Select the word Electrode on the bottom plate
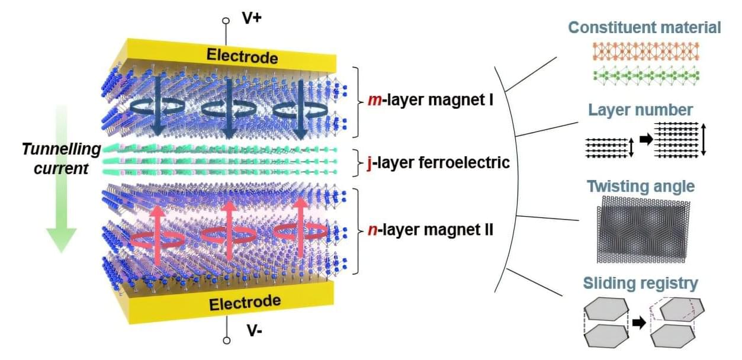tap(245, 303)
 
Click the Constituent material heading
tap(644, 27)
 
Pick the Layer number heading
tap(640, 110)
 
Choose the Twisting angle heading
tap(640, 187)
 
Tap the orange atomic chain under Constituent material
tap(647, 52)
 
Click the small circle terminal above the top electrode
tap(226, 21)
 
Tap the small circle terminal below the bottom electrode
tap(226, 341)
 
